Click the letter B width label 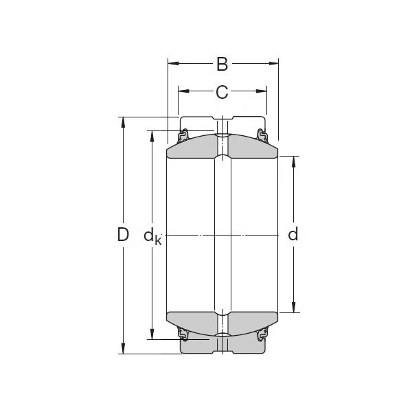[222, 65]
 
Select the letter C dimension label [222, 91]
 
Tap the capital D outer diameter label [123, 235]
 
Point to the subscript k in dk [158, 240]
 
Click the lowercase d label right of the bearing [293, 235]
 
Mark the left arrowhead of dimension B [172, 65]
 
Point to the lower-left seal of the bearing [183, 336]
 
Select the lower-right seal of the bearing [262, 336]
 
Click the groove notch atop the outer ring [222, 117]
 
